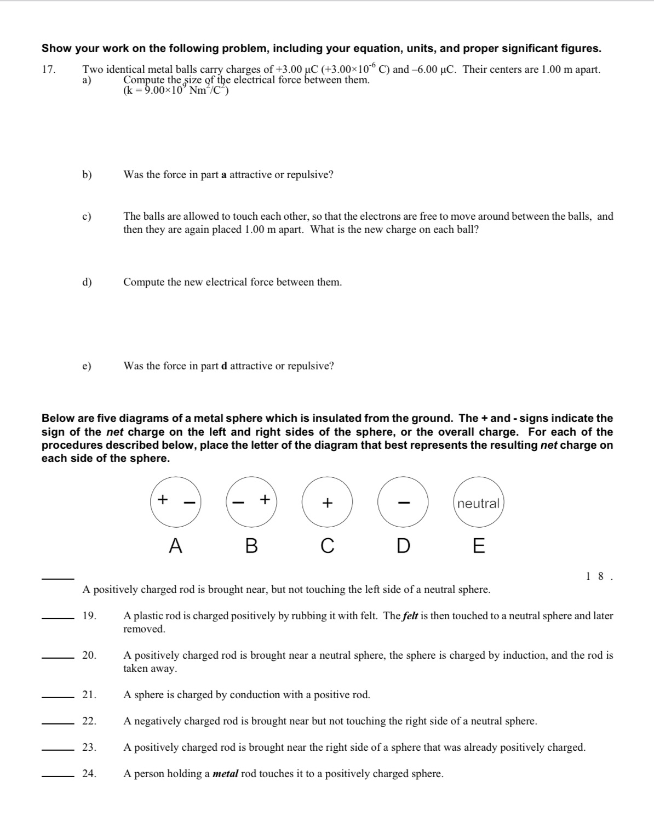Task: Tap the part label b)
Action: pyautogui.click(x=87, y=175)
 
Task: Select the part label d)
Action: pyautogui.click(x=87, y=282)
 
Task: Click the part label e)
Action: pyautogui.click(x=87, y=366)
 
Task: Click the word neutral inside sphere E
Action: pyautogui.click(x=478, y=504)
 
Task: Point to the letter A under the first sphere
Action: pyautogui.click(x=175, y=546)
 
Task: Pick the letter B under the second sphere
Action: pyautogui.click(x=251, y=546)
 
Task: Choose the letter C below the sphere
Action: pyautogui.click(x=327, y=546)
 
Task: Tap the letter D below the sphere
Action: pyautogui.click(x=403, y=546)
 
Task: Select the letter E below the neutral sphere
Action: pyautogui.click(x=478, y=546)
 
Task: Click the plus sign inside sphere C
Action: pyautogui.click(x=327, y=503)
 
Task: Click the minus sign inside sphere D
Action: pyautogui.click(x=403, y=503)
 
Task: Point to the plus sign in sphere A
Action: pyautogui.click(x=162, y=499)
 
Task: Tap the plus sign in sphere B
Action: pyautogui.click(x=265, y=499)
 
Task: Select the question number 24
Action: pyautogui.click(x=89, y=774)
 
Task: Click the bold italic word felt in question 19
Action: pyautogui.click(x=410, y=616)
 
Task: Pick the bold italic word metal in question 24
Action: pyautogui.click(x=225, y=774)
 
